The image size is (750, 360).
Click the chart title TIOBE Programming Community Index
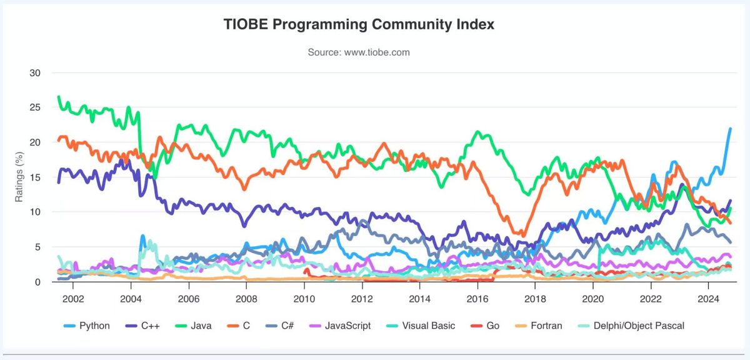click(359, 24)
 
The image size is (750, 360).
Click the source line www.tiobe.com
click(359, 52)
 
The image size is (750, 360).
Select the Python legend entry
click(87, 326)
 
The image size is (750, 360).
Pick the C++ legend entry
click(144, 326)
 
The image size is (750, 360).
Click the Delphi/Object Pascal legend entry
click(632, 326)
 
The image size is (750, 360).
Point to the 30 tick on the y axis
click(35, 72)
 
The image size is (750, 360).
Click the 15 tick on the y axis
click(35, 177)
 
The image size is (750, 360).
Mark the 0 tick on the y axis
click(38, 282)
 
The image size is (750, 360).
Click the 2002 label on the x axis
click(72, 298)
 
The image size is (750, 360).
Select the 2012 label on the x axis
click(362, 298)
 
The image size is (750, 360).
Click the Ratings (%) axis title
click(19, 177)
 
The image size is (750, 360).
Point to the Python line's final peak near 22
click(730, 129)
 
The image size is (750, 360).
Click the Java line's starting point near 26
click(58, 97)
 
